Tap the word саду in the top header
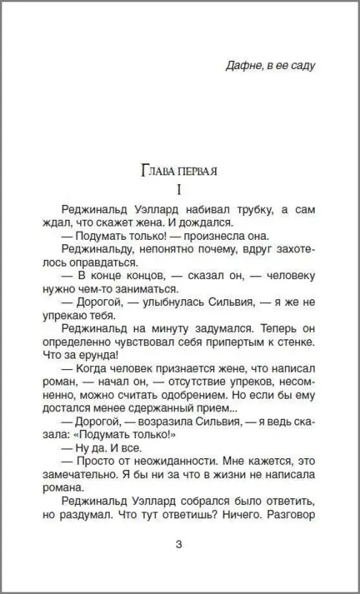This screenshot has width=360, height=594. click(x=303, y=65)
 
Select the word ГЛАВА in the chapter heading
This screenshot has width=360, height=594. click(x=157, y=172)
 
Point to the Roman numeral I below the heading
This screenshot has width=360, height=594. click(x=179, y=190)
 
